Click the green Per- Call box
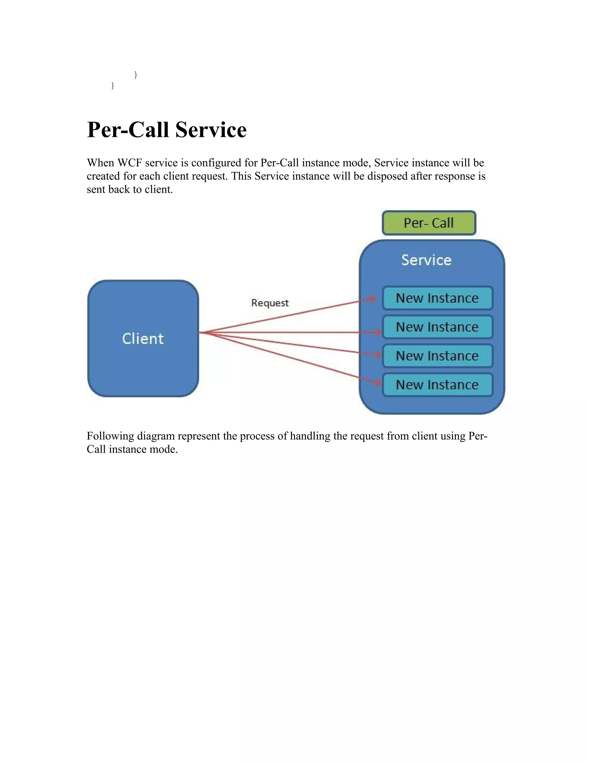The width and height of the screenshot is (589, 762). pyautogui.click(x=429, y=223)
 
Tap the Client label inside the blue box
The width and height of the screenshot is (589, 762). pyautogui.click(x=143, y=339)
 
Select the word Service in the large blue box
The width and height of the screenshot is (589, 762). pyautogui.click(x=426, y=260)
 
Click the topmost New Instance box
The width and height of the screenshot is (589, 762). pyautogui.click(x=437, y=298)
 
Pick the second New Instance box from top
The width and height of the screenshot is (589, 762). pyautogui.click(x=437, y=327)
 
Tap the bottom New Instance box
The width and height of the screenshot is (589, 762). pyautogui.click(x=437, y=385)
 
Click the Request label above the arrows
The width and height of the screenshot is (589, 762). pyautogui.click(x=270, y=303)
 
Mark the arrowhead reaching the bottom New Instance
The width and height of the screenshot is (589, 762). pyautogui.click(x=378, y=383)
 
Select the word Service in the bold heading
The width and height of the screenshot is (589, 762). pyautogui.click(x=211, y=130)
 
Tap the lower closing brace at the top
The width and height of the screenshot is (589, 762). pyautogui.click(x=112, y=85)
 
